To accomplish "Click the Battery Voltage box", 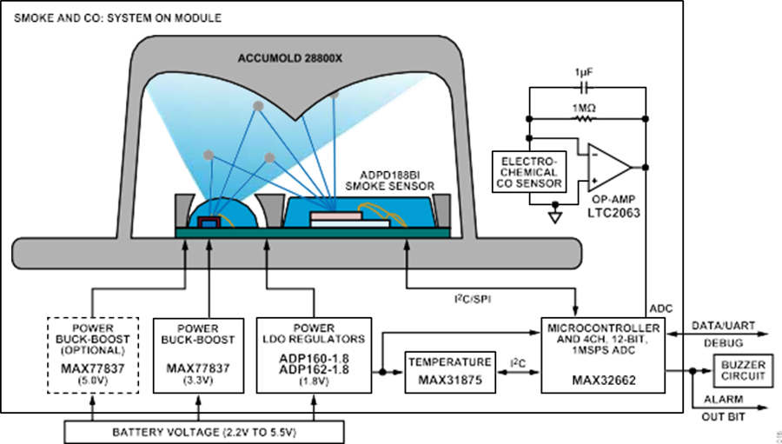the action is pyautogui.click(x=204, y=432).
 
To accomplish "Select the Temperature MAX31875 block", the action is pyautogui.click(x=450, y=372).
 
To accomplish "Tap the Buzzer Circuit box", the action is pyautogui.click(x=743, y=370).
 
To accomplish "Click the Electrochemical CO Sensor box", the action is pyautogui.click(x=529, y=172).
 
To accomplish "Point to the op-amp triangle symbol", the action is pyautogui.click(x=607, y=168).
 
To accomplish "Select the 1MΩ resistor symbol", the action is pyautogui.click(x=585, y=119).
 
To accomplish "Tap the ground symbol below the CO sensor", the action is pyautogui.click(x=554, y=216).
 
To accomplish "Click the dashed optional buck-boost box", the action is pyautogui.click(x=93, y=355).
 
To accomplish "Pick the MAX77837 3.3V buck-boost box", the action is pyautogui.click(x=198, y=355).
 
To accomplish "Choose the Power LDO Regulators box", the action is pyautogui.click(x=314, y=355).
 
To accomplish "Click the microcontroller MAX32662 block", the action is pyautogui.click(x=603, y=355).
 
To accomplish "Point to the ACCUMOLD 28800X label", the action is pyautogui.click(x=289, y=58).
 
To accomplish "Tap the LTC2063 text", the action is pyautogui.click(x=613, y=213).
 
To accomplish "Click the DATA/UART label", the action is pyautogui.click(x=723, y=326).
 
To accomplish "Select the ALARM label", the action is pyautogui.click(x=723, y=400).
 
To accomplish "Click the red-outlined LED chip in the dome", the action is pyautogui.click(x=208, y=223).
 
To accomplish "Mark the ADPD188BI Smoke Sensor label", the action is pyautogui.click(x=389, y=181).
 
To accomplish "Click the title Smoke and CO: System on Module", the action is pyautogui.click(x=117, y=18).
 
